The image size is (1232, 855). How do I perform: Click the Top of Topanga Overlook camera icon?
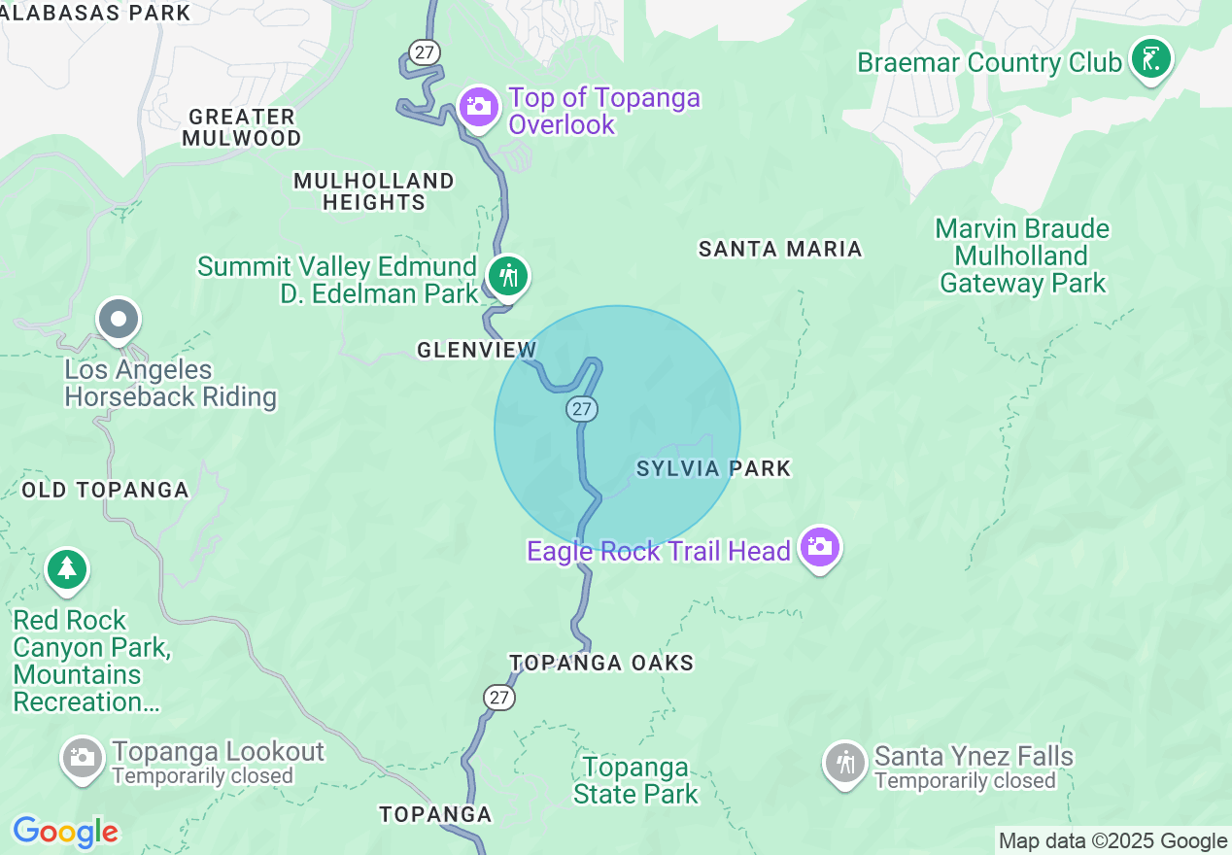(479, 106)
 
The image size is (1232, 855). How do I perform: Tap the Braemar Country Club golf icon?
(1151, 59)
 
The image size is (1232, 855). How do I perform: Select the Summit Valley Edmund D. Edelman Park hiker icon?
(507, 276)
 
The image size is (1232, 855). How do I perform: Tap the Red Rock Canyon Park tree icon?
(66, 568)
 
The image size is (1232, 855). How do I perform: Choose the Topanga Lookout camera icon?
(83, 757)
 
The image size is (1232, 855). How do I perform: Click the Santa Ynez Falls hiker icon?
(845, 762)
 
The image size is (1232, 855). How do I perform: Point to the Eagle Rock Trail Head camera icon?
(820, 547)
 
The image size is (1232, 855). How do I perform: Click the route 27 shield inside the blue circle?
(582, 409)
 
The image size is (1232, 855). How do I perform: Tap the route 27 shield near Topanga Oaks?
(498, 697)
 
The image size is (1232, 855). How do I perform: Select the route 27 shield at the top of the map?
(425, 52)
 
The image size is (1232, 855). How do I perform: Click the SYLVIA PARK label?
(713, 469)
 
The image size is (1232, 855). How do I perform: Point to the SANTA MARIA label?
(780, 249)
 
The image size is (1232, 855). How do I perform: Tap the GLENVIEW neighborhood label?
(476, 350)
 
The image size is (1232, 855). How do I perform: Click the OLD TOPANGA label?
(105, 490)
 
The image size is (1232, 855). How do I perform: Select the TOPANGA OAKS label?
(601, 663)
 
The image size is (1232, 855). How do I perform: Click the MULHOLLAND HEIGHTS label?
(373, 191)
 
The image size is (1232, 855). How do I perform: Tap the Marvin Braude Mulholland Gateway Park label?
(1022, 256)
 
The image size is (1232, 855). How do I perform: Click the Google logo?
(65, 832)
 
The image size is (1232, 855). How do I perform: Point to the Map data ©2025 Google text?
(1112, 841)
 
